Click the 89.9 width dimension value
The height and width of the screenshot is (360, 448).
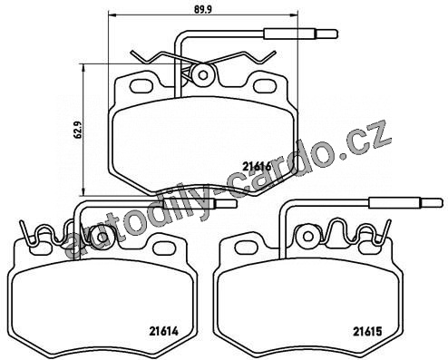[x=202, y=9]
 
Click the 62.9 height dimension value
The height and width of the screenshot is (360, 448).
[x=78, y=130]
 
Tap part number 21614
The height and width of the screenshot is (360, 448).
[x=164, y=331]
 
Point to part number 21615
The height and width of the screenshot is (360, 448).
[x=367, y=331]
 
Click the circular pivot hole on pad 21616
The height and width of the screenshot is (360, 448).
[x=203, y=75]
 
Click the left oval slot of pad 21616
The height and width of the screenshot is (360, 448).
[x=141, y=85]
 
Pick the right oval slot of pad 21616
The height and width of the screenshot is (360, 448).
[x=265, y=85]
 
